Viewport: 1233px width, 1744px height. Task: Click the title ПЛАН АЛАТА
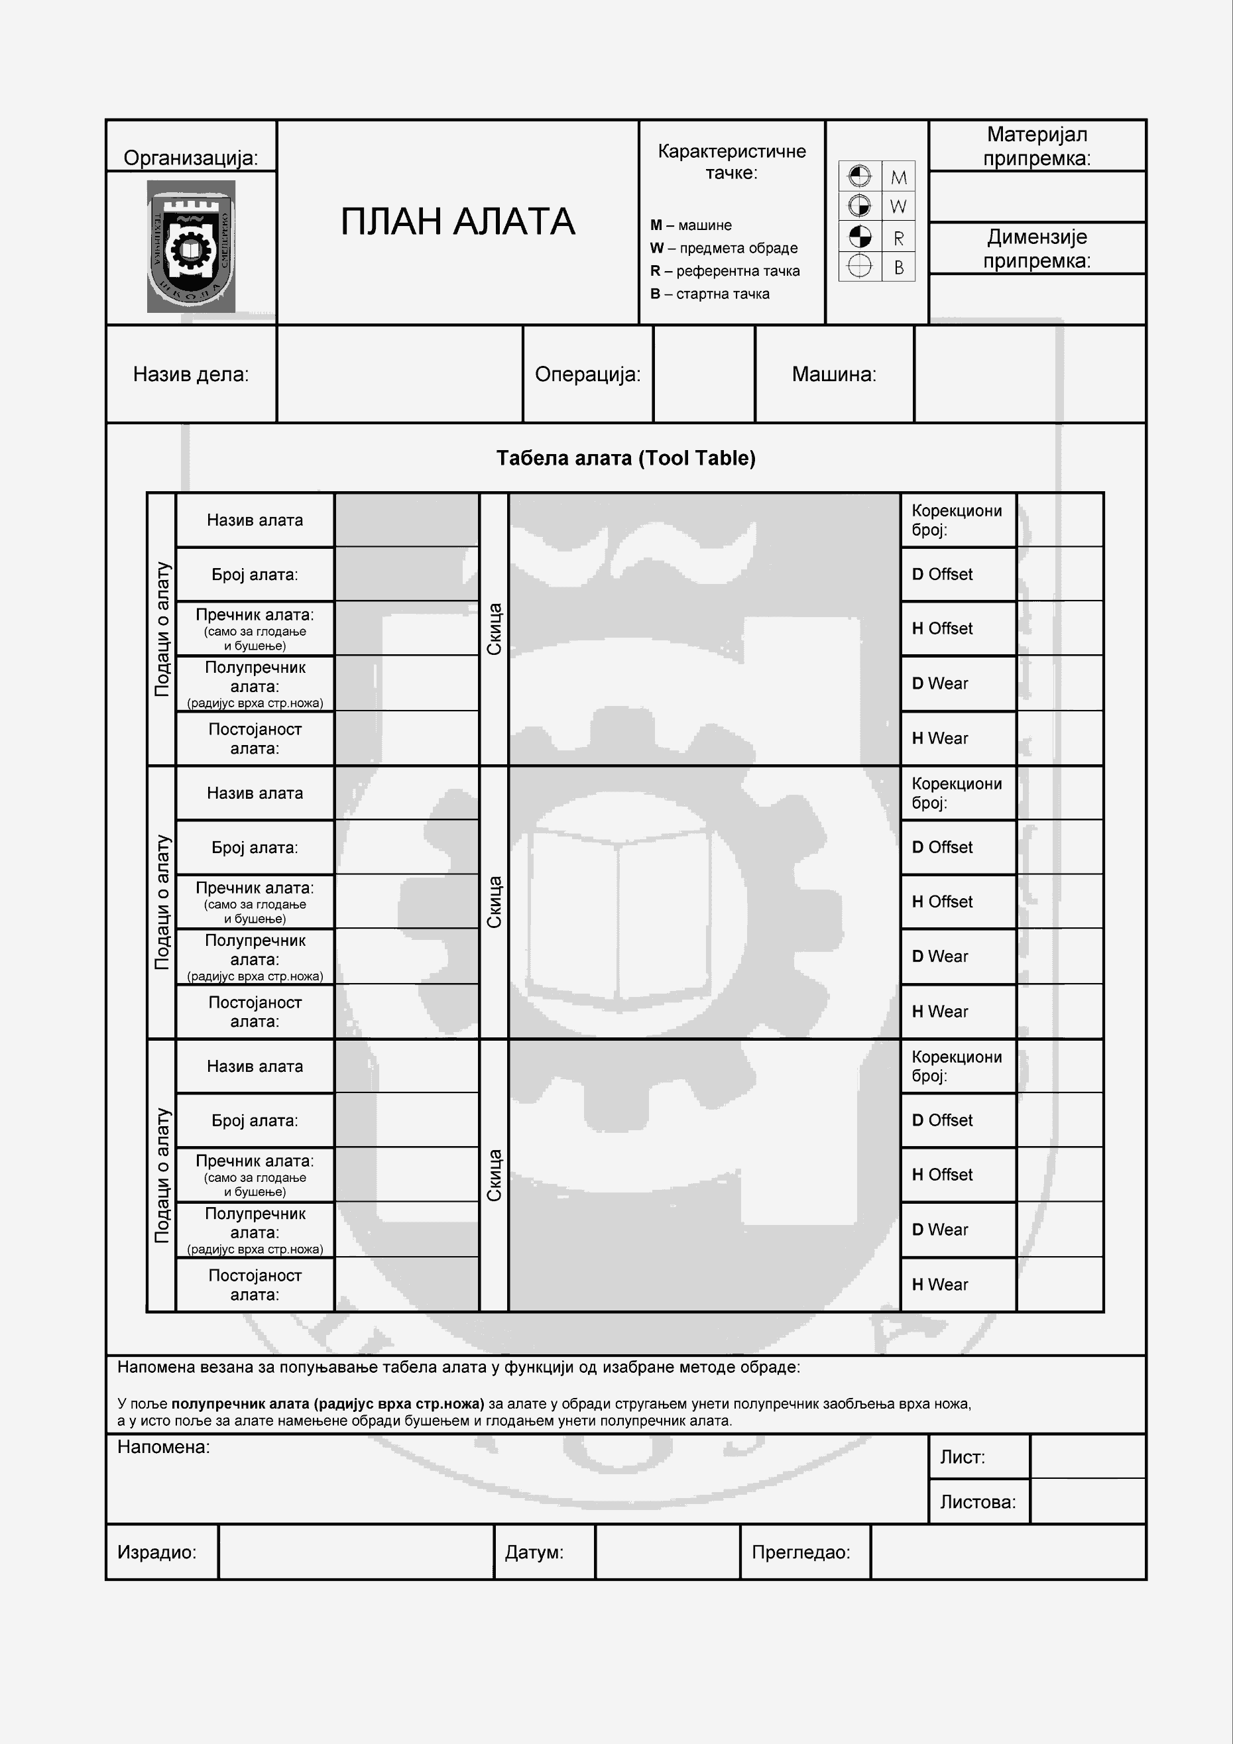click(x=457, y=222)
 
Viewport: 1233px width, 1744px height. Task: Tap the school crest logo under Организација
click(x=191, y=246)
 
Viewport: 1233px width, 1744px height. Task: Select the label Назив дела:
click(x=191, y=374)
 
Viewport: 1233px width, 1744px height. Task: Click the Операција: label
click(x=587, y=374)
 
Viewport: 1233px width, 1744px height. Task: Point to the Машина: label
click(x=833, y=374)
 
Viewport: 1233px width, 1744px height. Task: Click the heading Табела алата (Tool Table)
click(x=625, y=458)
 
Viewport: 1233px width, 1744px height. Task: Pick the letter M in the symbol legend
click(x=898, y=178)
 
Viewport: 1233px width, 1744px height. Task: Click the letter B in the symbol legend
click(x=898, y=267)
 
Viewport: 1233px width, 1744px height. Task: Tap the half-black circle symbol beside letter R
click(x=859, y=237)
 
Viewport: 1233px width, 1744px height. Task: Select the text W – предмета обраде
click(x=723, y=248)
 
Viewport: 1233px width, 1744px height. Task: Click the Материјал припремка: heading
click(x=1036, y=146)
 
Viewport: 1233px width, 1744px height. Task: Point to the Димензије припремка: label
click(x=1036, y=249)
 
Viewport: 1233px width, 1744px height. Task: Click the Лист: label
click(x=962, y=1457)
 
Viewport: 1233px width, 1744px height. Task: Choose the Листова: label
click(x=977, y=1501)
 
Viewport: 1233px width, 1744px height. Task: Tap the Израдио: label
click(x=156, y=1552)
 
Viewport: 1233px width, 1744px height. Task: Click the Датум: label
click(x=534, y=1552)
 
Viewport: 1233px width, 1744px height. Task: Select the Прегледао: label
click(x=801, y=1552)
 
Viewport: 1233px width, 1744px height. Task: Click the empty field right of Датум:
click(x=667, y=1552)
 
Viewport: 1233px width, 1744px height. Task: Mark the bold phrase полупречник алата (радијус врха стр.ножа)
click(x=327, y=1404)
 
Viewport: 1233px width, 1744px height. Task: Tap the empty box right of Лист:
click(x=1087, y=1457)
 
